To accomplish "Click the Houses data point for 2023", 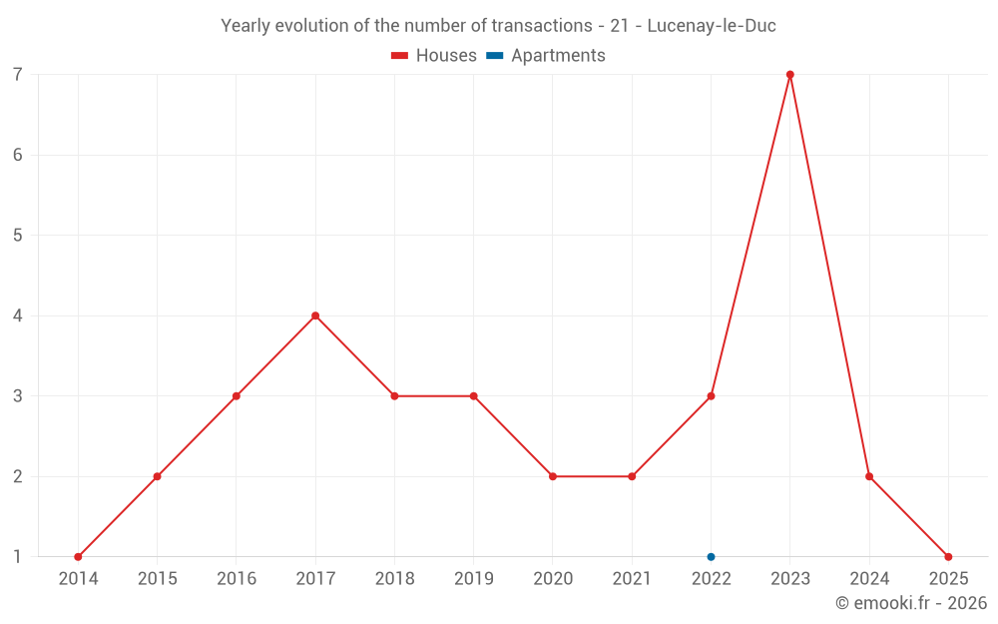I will pyautogui.click(x=789, y=75).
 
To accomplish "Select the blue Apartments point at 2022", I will pyautogui.click(x=711, y=557).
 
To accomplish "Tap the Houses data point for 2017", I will pyautogui.click(x=315, y=315).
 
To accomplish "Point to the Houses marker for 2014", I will pyautogui.click(x=78, y=557).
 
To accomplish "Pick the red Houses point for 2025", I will pyautogui.click(x=948, y=557).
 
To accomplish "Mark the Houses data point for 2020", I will pyautogui.click(x=553, y=476).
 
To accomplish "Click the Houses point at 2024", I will pyautogui.click(x=869, y=476).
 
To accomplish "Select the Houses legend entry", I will pyautogui.click(x=434, y=56).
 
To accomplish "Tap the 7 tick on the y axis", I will pyautogui.click(x=18, y=75).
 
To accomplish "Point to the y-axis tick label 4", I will pyautogui.click(x=18, y=315).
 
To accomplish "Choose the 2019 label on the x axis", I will pyautogui.click(x=473, y=579).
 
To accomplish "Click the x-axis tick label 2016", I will pyautogui.click(x=237, y=579).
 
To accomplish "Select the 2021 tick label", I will pyautogui.click(x=632, y=579).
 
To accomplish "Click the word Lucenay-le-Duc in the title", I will pyautogui.click(x=712, y=26).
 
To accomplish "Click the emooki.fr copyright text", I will pyautogui.click(x=911, y=603).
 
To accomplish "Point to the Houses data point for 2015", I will pyautogui.click(x=157, y=476).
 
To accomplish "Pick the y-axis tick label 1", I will pyautogui.click(x=18, y=557).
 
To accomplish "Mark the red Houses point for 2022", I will pyautogui.click(x=711, y=396).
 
